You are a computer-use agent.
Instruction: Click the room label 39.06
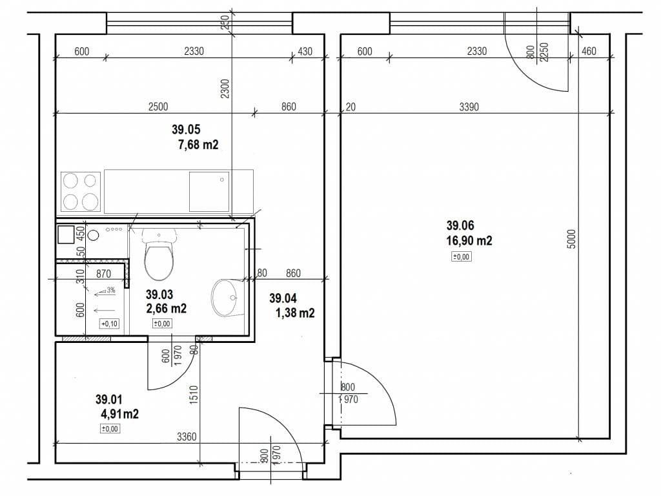click(x=460, y=225)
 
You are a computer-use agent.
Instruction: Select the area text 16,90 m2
click(x=469, y=241)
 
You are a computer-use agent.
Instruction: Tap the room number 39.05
click(x=186, y=130)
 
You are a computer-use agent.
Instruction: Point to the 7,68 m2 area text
click(x=198, y=145)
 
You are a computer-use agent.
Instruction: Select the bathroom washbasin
click(x=225, y=298)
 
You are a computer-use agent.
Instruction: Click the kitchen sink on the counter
click(x=208, y=191)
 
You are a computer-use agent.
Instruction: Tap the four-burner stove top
click(x=81, y=192)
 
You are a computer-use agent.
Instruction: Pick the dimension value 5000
click(x=571, y=240)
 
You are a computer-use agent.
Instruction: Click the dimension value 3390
click(x=469, y=107)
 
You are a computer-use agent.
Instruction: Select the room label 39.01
click(x=108, y=399)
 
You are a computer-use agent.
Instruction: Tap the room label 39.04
click(x=283, y=298)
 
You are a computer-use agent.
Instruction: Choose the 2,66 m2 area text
click(x=166, y=309)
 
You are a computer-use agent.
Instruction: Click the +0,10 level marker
click(x=108, y=324)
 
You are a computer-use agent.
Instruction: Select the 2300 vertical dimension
click(x=224, y=88)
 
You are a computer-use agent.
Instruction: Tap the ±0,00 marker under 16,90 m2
click(x=462, y=257)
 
